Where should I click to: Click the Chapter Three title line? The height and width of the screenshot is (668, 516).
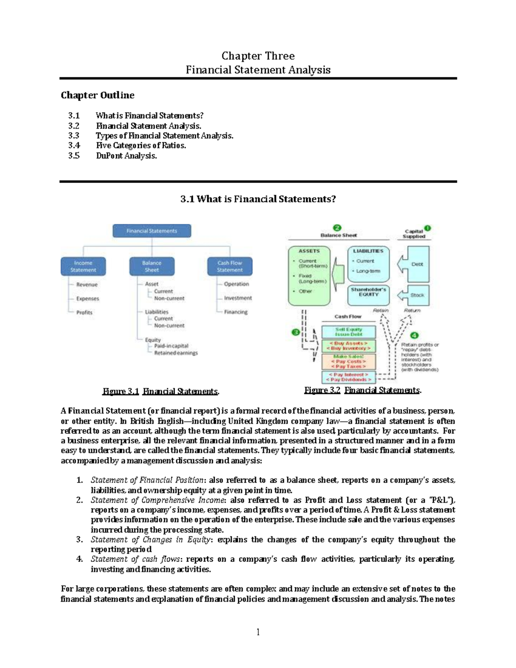pos(258,56)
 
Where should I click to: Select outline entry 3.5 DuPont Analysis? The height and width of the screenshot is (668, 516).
pos(126,156)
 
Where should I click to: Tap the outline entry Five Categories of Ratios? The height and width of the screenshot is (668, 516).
pos(141,146)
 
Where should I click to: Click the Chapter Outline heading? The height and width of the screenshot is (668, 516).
pos(97,95)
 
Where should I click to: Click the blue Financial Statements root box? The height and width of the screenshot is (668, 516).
pos(152,231)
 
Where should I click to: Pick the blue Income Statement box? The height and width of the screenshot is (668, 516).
pos(83,267)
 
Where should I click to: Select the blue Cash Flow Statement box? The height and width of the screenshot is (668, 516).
pos(229,267)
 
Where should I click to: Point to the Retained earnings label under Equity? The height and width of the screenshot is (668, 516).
pos(176,353)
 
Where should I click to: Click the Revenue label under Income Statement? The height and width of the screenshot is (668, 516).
pos(87,285)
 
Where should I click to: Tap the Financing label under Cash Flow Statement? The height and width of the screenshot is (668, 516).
pos(236,312)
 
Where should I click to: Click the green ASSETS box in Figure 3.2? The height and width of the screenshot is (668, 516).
pos(308,275)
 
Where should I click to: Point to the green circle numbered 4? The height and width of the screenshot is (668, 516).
pos(415,336)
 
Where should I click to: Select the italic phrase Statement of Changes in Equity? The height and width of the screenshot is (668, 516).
pos(150,540)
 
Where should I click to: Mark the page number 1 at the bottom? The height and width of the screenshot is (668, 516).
pos(258,632)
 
